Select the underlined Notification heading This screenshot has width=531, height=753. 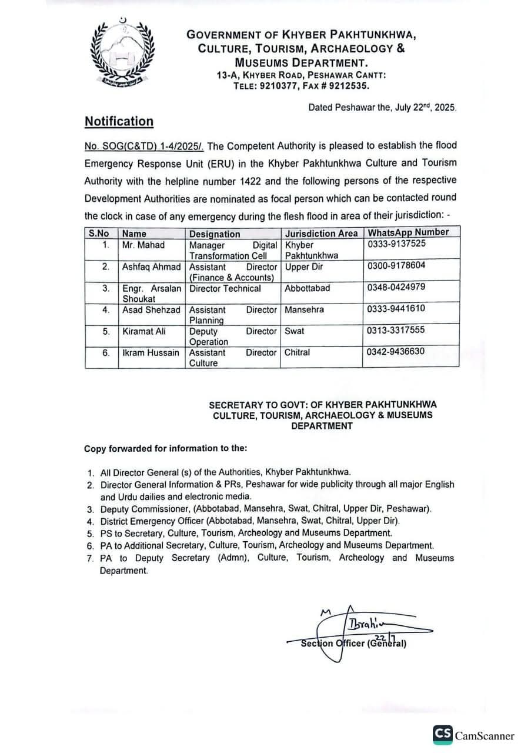pyautogui.click(x=119, y=121)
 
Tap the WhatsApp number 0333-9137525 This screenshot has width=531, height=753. pyautogui.click(x=396, y=244)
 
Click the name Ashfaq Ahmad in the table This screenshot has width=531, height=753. pyautogui.click(x=151, y=266)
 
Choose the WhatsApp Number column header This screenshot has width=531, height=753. pyautogui.click(x=408, y=232)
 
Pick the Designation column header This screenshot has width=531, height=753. pyautogui.click(x=215, y=234)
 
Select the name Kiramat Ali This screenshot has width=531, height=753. pyautogui.click(x=143, y=331)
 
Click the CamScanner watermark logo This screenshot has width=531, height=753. pyautogui.click(x=473, y=735)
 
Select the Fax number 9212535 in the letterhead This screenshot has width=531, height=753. pyautogui.click(x=348, y=85)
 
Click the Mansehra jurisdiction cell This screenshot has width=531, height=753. pyautogui.click(x=304, y=309)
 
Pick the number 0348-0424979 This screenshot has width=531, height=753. pyautogui.click(x=396, y=287)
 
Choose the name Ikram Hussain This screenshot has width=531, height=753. pyautogui.click(x=151, y=352)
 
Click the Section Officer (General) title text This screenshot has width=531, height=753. pyautogui.click(x=353, y=643)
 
